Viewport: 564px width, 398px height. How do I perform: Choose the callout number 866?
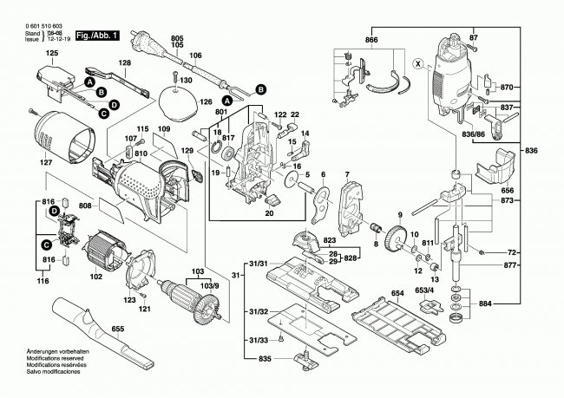(371, 41)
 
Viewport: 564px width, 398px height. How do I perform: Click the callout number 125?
(52, 54)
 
